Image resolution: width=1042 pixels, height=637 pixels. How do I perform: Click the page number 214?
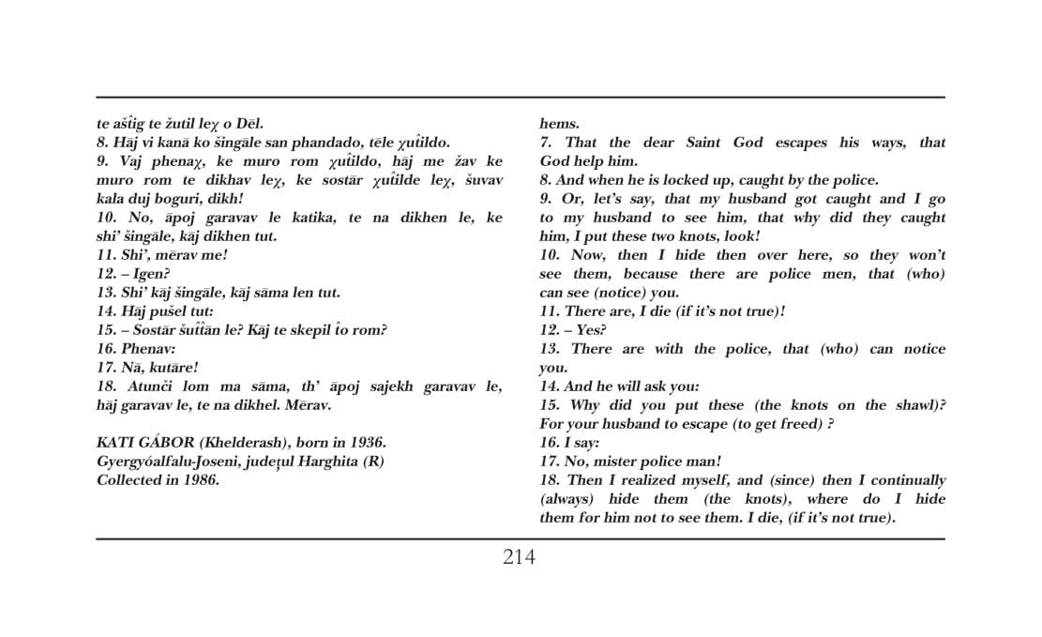click(x=519, y=557)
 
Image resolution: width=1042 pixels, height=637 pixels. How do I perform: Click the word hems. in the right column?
click(x=560, y=124)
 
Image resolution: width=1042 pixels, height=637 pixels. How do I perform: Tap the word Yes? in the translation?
click(x=591, y=330)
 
